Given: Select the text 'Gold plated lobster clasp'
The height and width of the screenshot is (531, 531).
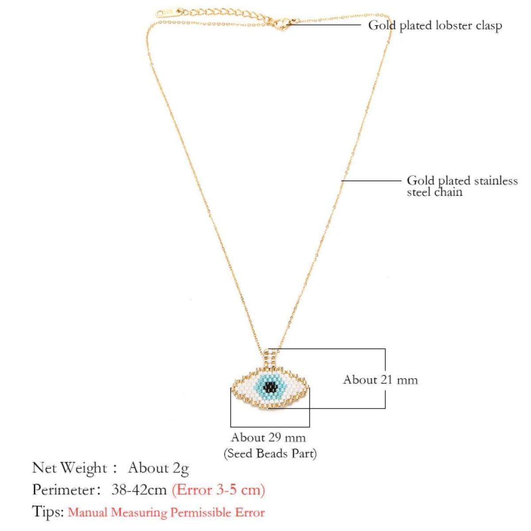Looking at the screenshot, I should tap(435, 25).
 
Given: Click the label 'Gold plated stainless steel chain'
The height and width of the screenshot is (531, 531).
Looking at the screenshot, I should tap(462, 186).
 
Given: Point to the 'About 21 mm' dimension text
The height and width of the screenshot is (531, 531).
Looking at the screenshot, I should tap(380, 380).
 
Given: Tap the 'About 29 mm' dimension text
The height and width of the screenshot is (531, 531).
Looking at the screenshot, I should tap(268, 438).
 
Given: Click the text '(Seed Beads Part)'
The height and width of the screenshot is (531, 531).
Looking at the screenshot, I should tap(270, 453).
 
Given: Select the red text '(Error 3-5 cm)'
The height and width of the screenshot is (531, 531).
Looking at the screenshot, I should tap(218, 489).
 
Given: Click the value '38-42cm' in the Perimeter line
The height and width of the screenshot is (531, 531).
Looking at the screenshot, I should tap(139, 489).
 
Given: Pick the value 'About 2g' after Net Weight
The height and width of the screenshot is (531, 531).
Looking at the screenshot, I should tap(158, 468).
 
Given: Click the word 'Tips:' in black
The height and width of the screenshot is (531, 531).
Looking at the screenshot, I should tap(48, 512).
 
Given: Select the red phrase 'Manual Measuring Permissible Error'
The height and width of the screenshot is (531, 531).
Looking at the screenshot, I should tap(166, 512).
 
